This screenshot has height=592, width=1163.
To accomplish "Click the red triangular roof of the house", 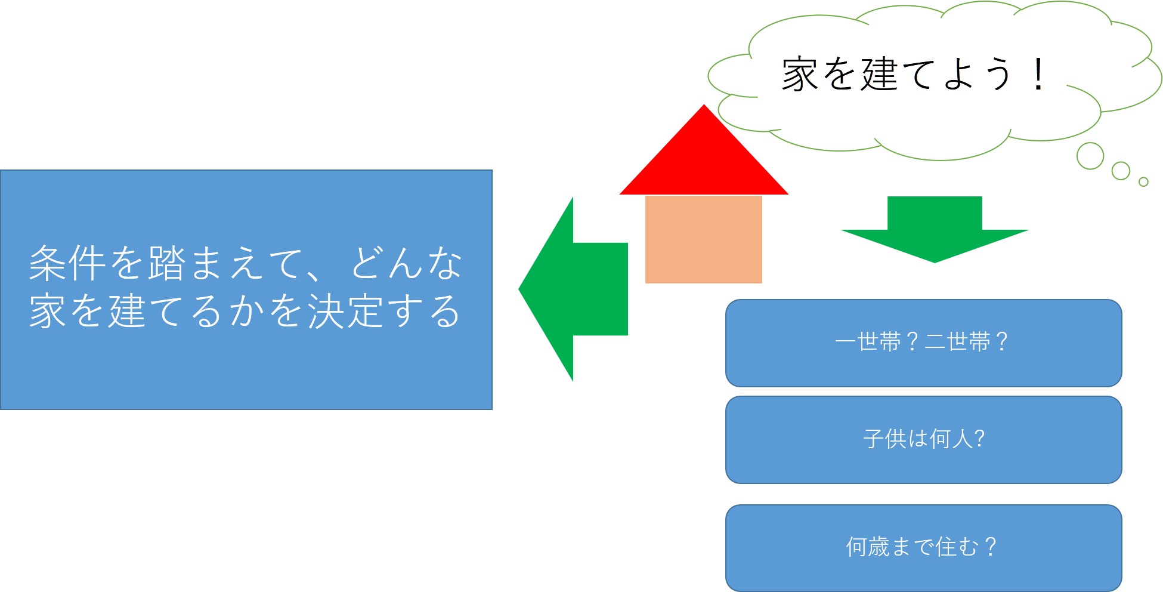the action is [x=704, y=161].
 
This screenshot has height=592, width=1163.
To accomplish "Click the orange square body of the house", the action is [x=704, y=239].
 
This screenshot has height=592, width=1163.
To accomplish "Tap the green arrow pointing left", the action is [x=573, y=289].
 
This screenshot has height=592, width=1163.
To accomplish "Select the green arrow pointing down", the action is [x=935, y=229].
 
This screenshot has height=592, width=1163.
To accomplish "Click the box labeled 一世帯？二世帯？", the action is [x=923, y=343].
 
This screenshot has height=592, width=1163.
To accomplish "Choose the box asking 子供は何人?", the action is [x=923, y=440].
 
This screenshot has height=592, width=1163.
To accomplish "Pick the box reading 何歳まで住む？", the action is [x=923, y=548].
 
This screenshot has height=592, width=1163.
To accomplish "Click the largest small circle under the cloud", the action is [x=1090, y=156].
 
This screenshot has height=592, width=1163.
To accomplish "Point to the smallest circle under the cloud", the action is [x=1143, y=182].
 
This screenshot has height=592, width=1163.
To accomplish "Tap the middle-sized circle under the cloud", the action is [x=1121, y=171].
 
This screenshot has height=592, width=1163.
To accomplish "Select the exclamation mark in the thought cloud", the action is [x=1038, y=75].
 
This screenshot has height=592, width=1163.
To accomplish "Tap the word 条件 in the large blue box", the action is [x=67, y=263].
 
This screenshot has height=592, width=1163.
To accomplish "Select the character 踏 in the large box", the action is [x=167, y=263].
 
